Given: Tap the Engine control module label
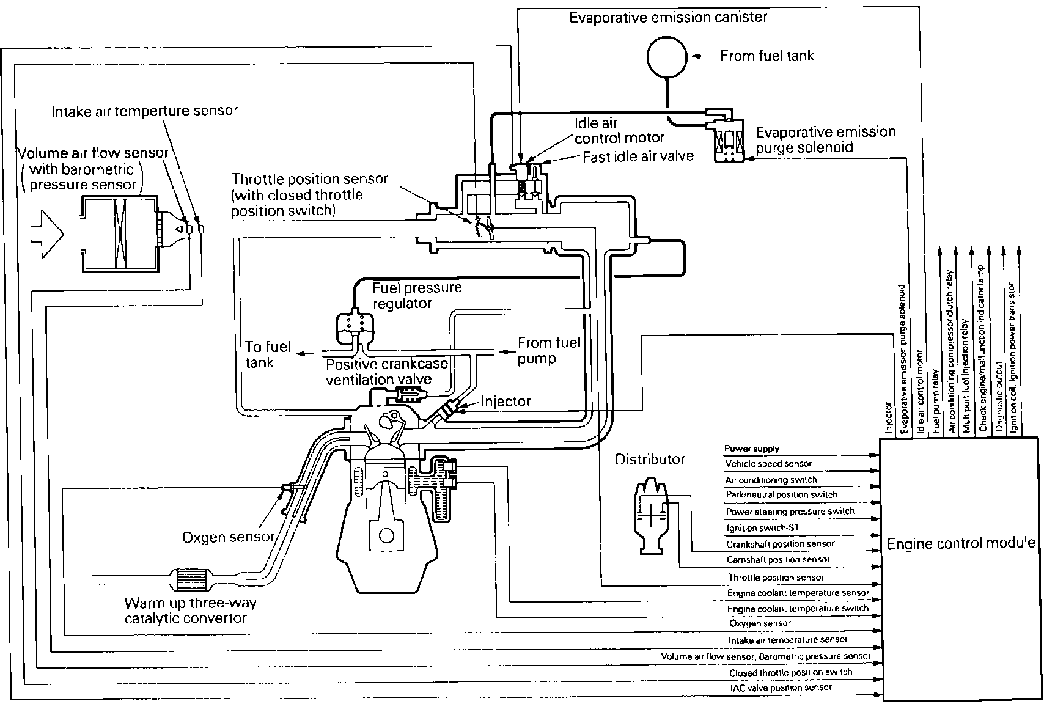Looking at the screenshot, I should click(961, 543).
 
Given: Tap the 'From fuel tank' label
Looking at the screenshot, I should click(767, 56).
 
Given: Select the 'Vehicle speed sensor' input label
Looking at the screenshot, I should click(768, 464).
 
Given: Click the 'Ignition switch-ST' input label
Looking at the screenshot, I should click(763, 527).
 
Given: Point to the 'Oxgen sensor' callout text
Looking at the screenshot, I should click(228, 537).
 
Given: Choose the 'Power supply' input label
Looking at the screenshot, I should click(752, 449).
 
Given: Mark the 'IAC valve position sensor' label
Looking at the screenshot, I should click(781, 687).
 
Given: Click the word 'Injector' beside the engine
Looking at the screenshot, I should click(505, 402).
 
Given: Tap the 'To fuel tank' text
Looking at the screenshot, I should click(267, 354).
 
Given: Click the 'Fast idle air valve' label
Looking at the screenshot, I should click(638, 156).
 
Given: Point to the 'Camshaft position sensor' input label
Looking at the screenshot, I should click(778, 559).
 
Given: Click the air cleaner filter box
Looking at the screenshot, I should click(120, 233).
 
